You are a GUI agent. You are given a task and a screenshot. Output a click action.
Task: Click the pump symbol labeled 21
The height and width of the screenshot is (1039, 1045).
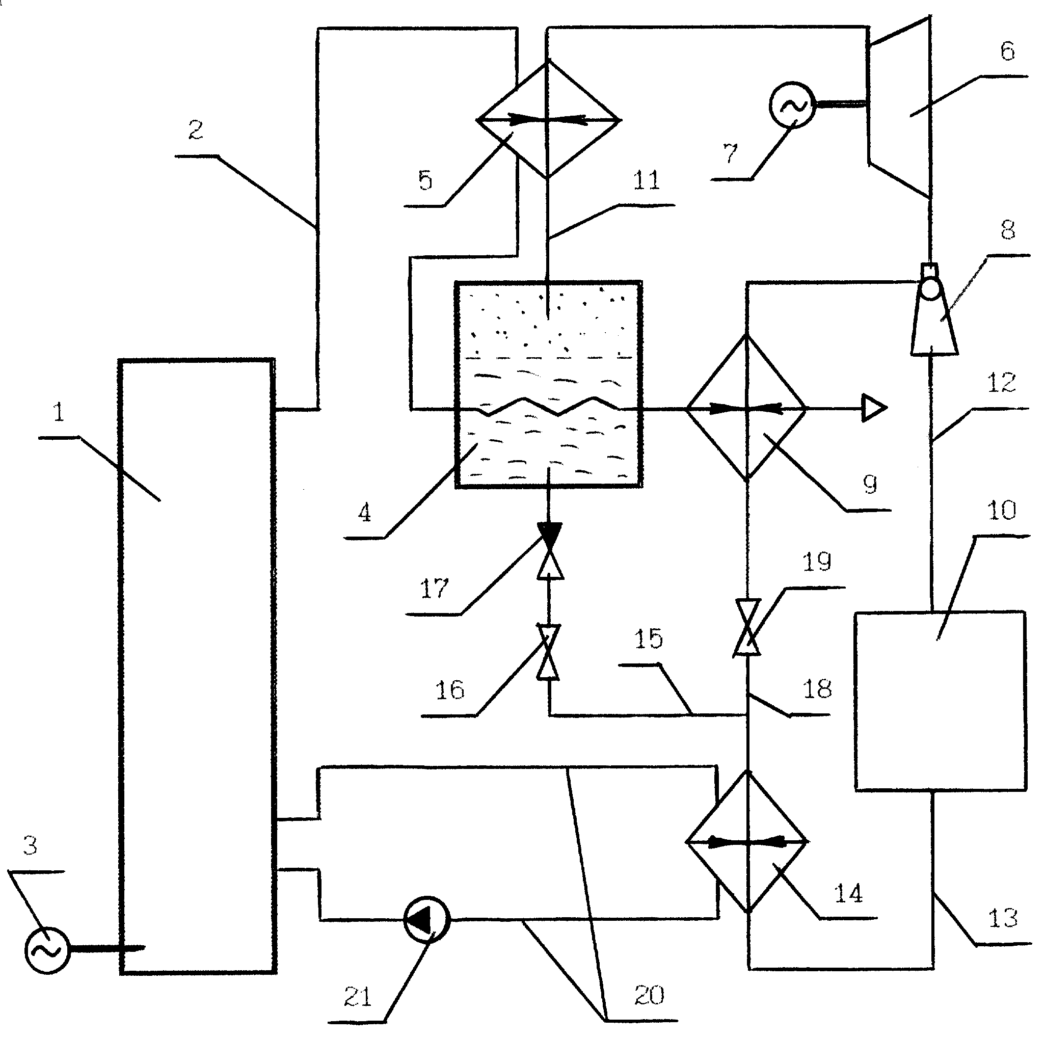point(427,918)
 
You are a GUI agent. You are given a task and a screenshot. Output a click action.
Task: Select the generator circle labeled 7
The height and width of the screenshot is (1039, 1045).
point(792,105)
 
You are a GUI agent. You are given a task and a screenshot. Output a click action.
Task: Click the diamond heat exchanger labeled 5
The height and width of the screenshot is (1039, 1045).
point(548,119)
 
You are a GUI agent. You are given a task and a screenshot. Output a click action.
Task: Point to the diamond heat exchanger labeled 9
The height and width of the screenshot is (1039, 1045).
point(746,408)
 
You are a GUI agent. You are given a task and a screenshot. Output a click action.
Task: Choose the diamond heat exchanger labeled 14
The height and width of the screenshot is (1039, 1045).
point(747,842)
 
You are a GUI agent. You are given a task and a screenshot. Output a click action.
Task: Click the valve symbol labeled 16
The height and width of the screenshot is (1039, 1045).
point(548,652)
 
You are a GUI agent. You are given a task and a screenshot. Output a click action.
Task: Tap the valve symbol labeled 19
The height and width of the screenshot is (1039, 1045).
point(747,628)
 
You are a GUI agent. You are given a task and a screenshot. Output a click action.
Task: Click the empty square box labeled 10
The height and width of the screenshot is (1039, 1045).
point(940,701)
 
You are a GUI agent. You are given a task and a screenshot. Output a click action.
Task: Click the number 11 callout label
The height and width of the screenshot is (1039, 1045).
point(646,181)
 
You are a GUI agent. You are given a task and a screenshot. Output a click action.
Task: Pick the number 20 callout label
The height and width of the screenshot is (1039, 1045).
point(649,995)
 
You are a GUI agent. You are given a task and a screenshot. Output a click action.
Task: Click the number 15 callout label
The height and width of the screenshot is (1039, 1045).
point(648,639)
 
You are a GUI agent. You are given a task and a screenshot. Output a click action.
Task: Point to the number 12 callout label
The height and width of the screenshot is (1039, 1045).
point(1001,383)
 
